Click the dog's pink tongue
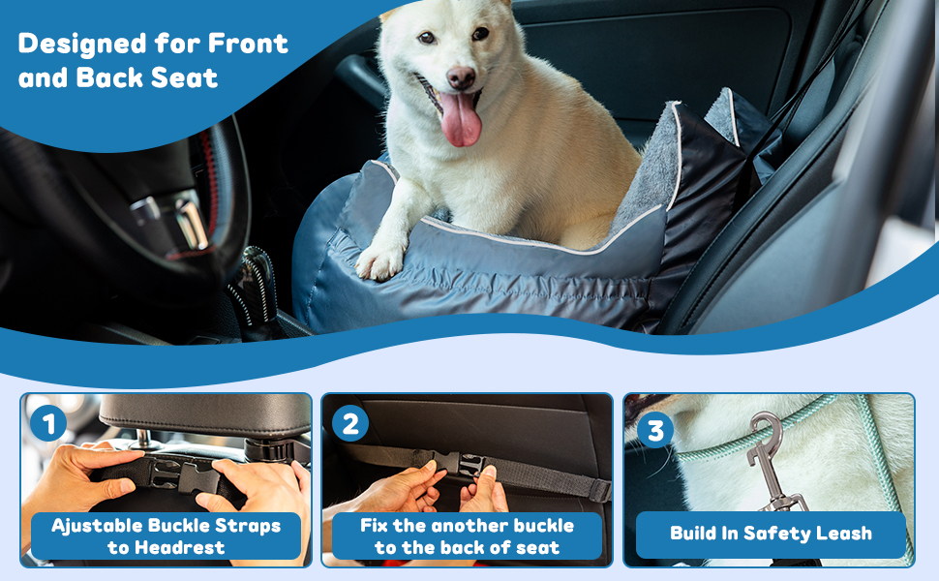coord(461,118)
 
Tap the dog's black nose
coord(461,77)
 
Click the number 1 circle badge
coord(47,424)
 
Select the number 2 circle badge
coord(349,424)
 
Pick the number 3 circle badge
coord(655,429)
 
